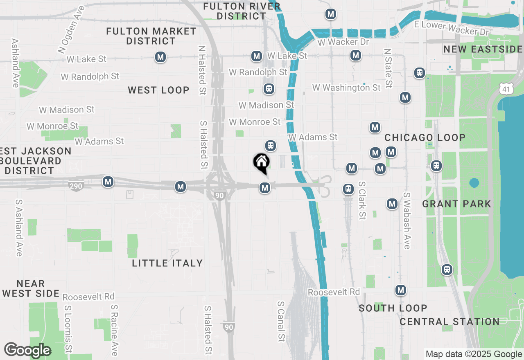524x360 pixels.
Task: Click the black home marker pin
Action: (x=262, y=163)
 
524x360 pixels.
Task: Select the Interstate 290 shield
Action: (x=76, y=186)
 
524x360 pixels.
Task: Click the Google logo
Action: (x=27, y=350)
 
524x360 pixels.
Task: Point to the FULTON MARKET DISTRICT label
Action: (x=151, y=36)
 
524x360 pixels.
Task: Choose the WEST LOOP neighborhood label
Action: (x=158, y=90)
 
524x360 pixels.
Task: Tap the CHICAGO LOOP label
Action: (x=425, y=137)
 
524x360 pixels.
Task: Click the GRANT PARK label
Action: (x=456, y=204)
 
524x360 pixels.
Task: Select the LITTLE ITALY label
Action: (x=167, y=263)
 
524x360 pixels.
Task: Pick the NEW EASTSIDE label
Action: (x=483, y=49)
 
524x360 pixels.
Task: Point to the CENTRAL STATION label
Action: (x=449, y=322)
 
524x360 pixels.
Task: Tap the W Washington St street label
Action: (x=346, y=88)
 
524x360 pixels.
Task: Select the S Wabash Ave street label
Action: (x=407, y=220)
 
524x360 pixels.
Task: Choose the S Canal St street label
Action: (x=281, y=322)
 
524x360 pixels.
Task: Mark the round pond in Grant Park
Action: (x=474, y=182)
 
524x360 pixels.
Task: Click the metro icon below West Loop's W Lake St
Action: (x=160, y=57)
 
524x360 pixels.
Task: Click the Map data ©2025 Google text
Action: (x=473, y=354)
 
